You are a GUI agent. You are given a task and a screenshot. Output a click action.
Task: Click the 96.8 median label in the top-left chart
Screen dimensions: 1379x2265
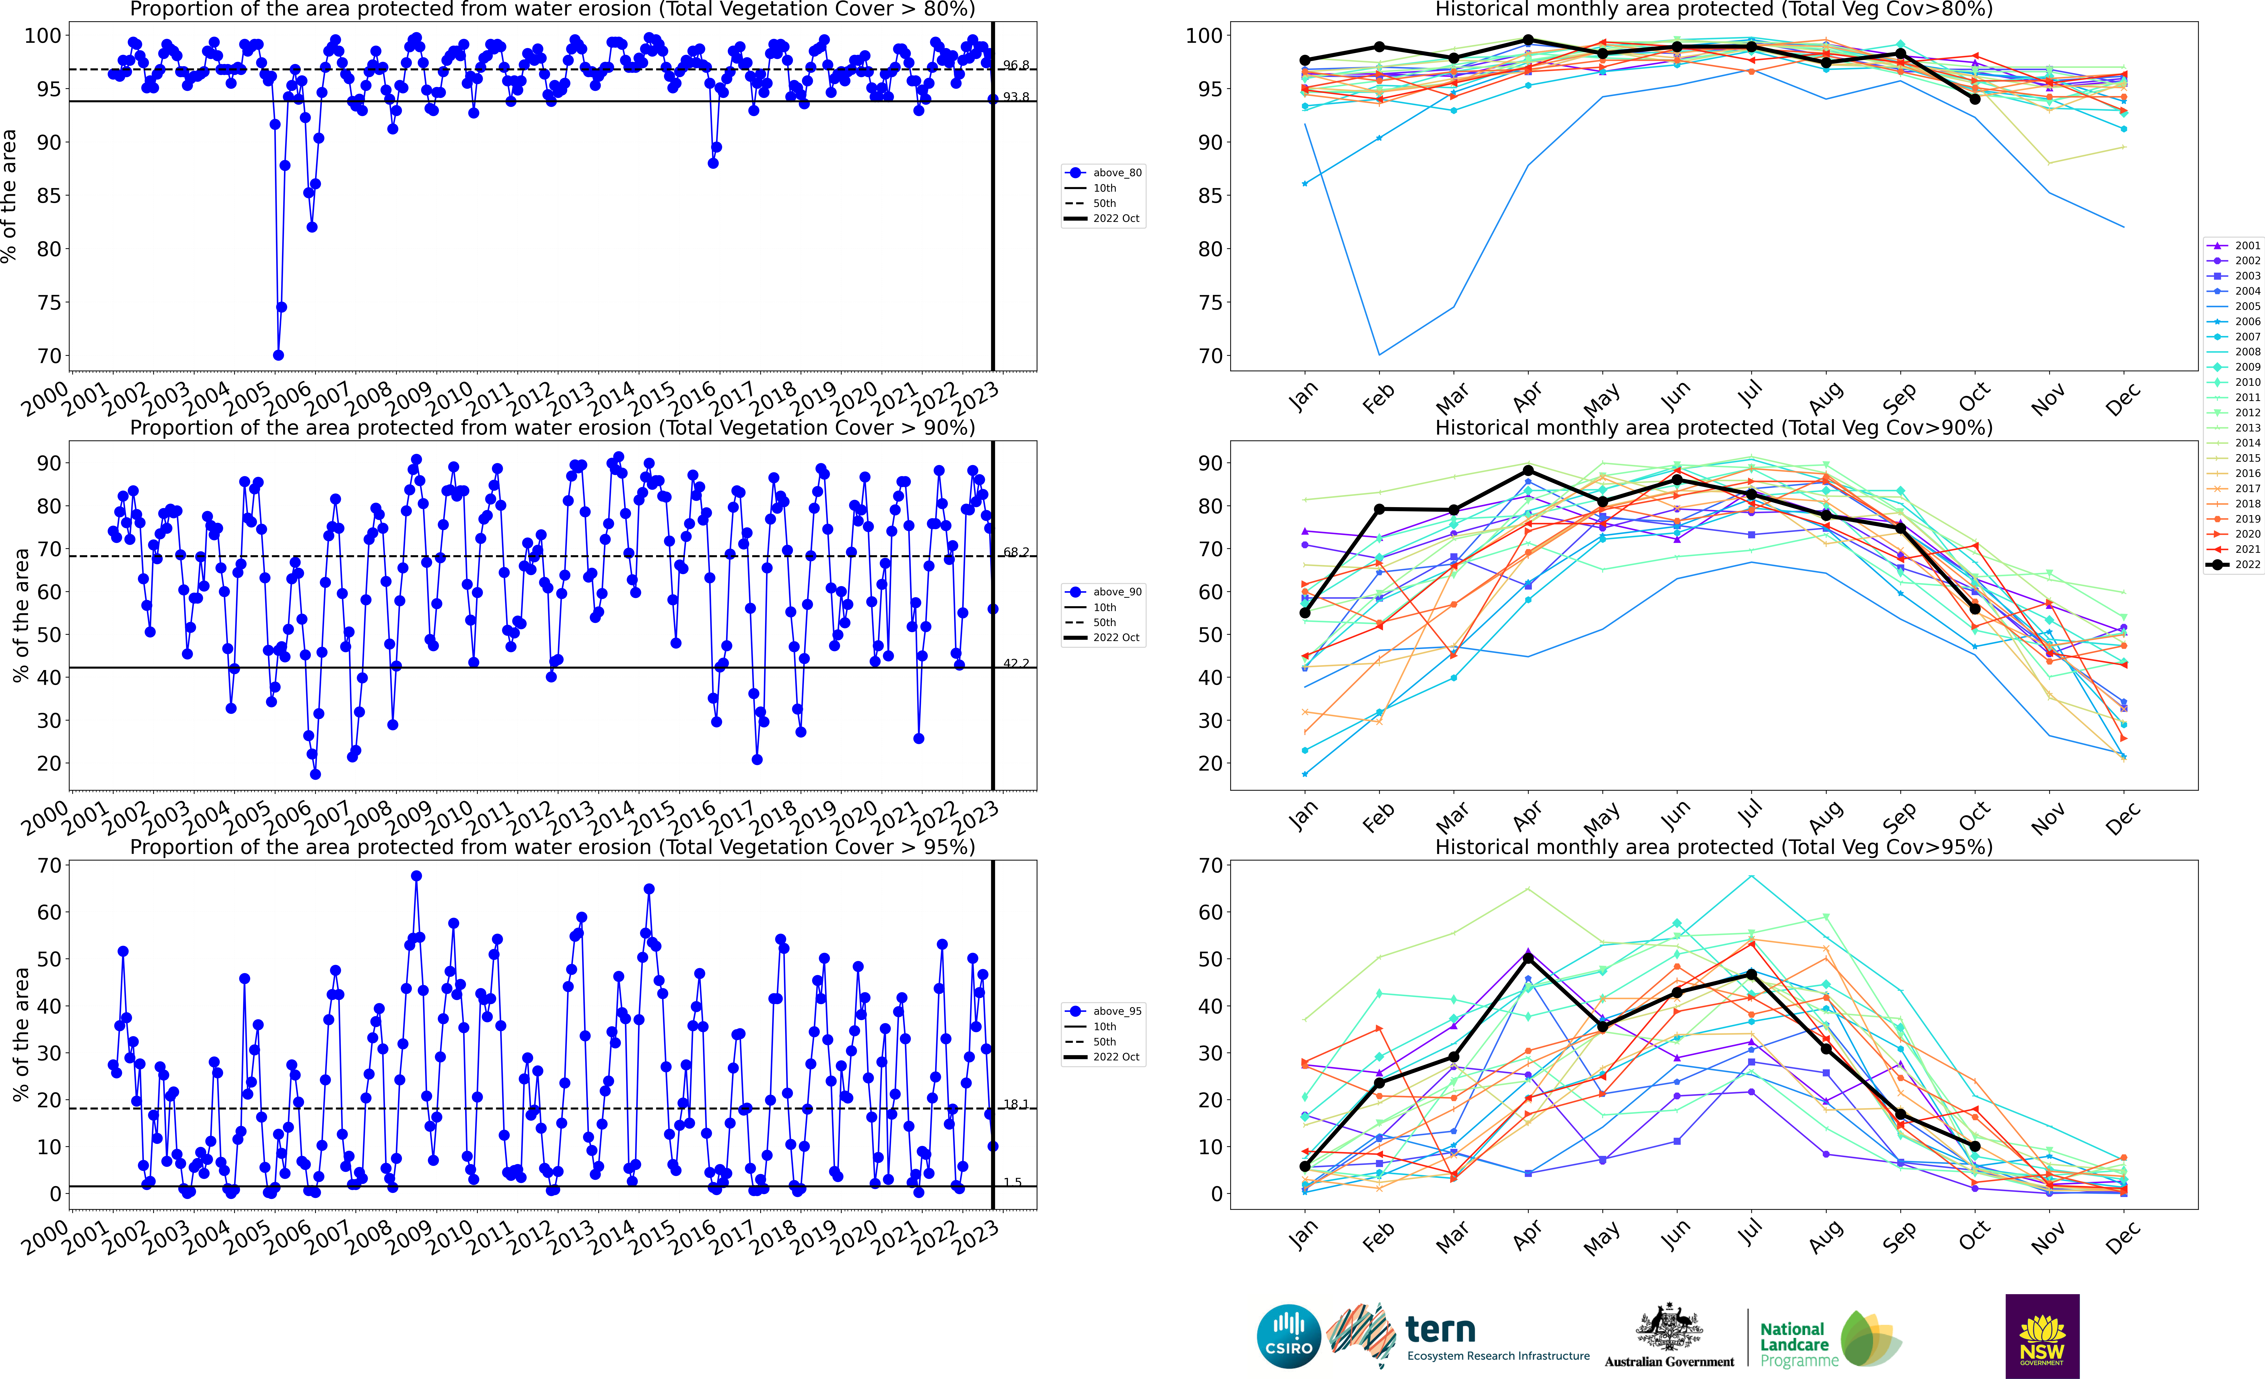pyautogui.click(x=1016, y=65)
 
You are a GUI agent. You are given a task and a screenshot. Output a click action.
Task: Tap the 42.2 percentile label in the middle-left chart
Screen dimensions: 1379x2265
pyautogui.click(x=1016, y=663)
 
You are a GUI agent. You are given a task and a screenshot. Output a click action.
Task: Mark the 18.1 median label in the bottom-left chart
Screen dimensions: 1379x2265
pyautogui.click(x=1016, y=1104)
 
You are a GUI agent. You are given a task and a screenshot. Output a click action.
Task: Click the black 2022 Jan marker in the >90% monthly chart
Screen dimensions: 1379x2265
pyautogui.click(x=1304, y=612)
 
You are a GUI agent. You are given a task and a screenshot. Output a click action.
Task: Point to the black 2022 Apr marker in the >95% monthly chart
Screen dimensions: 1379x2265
pyautogui.click(x=1528, y=958)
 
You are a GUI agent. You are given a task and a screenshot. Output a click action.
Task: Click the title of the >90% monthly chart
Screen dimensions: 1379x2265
pyautogui.click(x=1714, y=428)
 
